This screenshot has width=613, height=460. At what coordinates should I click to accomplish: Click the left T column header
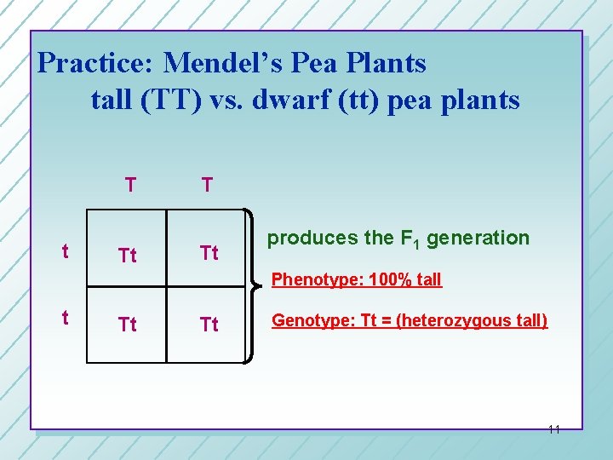click(x=129, y=185)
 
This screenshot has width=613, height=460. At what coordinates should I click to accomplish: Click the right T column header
click(x=207, y=185)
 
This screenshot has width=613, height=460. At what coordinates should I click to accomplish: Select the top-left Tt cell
click(x=128, y=255)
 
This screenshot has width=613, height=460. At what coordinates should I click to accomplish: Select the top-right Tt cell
click(x=208, y=253)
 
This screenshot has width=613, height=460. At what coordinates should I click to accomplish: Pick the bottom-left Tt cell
click(x=128, y=324)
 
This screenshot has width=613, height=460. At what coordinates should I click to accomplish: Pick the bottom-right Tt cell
click(x=208, y=324)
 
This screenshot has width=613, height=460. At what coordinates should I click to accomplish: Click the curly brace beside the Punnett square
click(x=254, y=286)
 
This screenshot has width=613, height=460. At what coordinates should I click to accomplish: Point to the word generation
click(x=478, y=239)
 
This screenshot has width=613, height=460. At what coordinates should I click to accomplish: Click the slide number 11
click(x=553, y=429)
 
